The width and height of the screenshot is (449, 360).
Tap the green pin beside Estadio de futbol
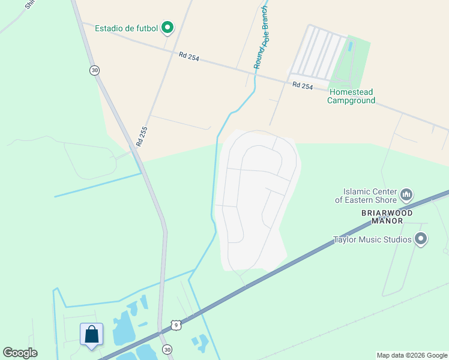pos(167,28)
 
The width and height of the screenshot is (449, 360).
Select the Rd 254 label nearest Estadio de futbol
pos(188,57)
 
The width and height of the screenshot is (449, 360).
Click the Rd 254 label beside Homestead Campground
pos(303,86)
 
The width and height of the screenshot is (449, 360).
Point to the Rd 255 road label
pos(141,136)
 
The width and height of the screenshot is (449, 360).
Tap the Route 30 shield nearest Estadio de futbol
pos(94,70)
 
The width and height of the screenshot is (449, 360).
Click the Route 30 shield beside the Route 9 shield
pos(167,349)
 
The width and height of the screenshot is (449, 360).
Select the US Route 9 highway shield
pos(175,325)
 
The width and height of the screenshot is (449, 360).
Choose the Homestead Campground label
pos(351,96)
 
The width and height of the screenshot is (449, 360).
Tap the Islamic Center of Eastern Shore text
pos(366,196)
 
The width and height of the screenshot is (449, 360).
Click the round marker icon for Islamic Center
pos(406,194)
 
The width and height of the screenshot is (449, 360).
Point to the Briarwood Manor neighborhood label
pos(387,216)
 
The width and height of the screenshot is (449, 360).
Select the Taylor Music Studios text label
pos(372,240)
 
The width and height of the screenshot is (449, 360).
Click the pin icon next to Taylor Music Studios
pos(421,239)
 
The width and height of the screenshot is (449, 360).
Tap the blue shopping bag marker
pos(91,334)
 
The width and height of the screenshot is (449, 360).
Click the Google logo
pos(20,353)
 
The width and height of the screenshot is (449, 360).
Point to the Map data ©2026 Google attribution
pos(411,355)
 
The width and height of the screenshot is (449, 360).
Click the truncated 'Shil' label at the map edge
pos(28,4)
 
